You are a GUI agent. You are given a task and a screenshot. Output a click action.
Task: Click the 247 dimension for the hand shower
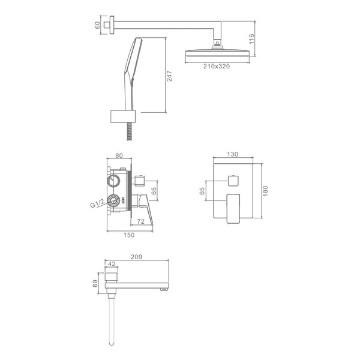click(x=169, y=76)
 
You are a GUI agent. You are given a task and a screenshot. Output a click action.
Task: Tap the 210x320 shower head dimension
click(x=216, y=67)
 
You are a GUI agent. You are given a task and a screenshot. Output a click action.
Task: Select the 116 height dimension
click(x=251, y=39)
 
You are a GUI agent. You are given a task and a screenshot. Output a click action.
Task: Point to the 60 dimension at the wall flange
click(x=97, y=25)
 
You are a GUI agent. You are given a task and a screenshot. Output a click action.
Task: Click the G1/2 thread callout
click(x=97, y=203)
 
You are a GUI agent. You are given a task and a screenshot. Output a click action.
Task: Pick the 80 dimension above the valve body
click(x=119, y=155)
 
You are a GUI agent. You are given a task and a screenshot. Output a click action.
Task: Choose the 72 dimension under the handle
click(x=140, y=221)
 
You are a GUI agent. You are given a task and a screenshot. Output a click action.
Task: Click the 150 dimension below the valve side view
click(x=129, y=235)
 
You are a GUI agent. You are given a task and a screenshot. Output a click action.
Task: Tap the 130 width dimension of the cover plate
click(x=233, y=154)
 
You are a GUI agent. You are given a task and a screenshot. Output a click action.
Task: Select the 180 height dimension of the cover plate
click(x=265, y=191)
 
